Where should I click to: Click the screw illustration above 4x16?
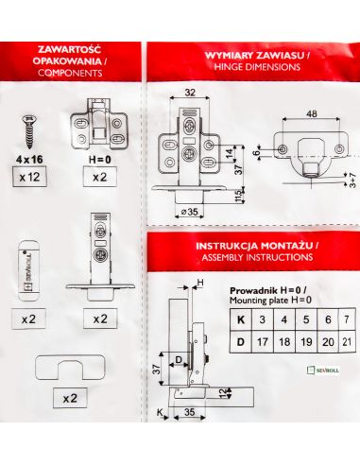pos(29,131)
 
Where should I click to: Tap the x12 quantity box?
pos(29,177)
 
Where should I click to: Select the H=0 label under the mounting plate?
pos(100,160)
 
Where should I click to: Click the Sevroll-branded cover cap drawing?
pos(29,270)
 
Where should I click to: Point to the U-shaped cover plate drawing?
pos(70,368)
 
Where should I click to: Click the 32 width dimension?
pos(190,93)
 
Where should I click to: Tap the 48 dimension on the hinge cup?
pos(311,113)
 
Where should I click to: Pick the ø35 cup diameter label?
pos(190,212)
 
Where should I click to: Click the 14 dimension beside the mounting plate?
pos(231,153)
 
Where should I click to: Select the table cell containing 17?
pos(263,342)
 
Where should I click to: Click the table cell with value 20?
pos(328,342)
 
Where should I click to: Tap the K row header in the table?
pos(241,319)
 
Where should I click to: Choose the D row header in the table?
pos(241,342)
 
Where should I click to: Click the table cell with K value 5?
pos(306,319)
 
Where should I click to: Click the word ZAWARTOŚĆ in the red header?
pos(69,49)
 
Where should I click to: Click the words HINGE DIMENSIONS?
pos(257,67)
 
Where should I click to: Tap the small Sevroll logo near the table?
pos(323,370)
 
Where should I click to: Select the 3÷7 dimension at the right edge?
pos(352,181)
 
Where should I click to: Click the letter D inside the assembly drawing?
pos(179,359)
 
